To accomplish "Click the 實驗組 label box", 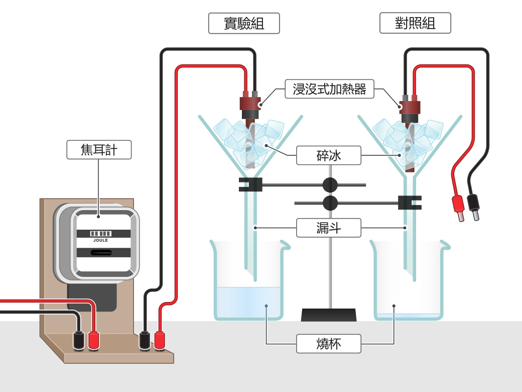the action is point(244,23).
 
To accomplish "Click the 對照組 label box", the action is point(415,23).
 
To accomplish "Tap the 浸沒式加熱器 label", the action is point(329,89).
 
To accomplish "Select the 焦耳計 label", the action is point(99,150).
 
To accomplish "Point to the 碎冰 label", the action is point(329,155).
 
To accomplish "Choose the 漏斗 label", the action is point(329,228).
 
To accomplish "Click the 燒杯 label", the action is point(329,344).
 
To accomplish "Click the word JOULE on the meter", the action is point(100,240).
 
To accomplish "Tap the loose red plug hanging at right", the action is point(458,208).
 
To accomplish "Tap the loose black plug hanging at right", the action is point(473,207).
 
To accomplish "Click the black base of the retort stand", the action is point(329,315).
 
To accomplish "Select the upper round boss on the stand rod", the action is point(330,184).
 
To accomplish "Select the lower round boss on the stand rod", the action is point(330,203).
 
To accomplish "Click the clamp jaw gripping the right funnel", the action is point(410,203).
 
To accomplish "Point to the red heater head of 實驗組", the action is point(249,103).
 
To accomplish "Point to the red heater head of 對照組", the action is point(410,107).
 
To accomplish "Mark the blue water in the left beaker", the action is point(248,302).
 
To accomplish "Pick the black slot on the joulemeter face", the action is point(101,252).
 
